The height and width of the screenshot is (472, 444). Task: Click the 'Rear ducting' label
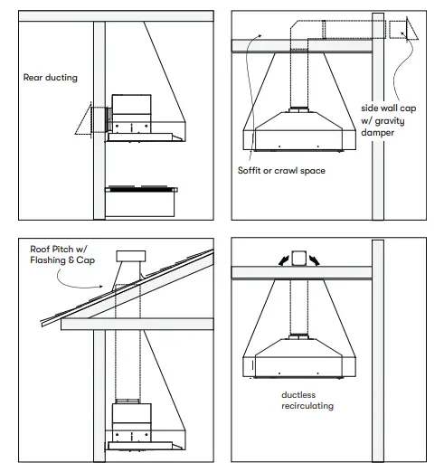[x=51, y=78]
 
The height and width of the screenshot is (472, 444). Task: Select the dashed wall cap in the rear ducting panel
[x=90, y=118]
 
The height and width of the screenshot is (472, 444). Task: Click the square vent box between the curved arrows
[x=299, y=255]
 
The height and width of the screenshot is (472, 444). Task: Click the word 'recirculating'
[x=307, y=406]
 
